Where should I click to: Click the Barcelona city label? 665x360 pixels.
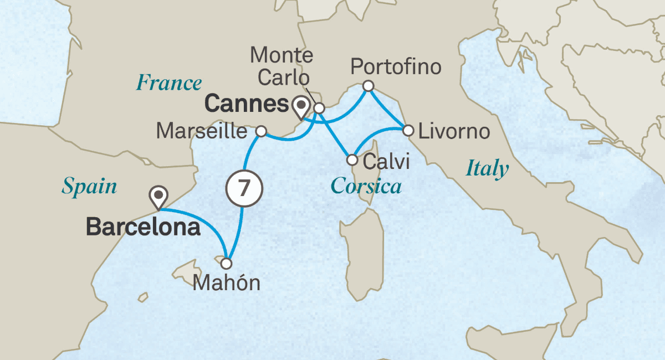[x=143, y=228]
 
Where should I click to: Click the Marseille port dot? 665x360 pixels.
[x=262, y=132]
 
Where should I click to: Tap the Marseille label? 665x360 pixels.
[x=202, y=132]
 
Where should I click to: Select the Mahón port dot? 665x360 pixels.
[x=227, y=264]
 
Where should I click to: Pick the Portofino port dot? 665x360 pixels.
[x=367, y=86]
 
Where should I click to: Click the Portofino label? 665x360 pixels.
[x=397, y=68]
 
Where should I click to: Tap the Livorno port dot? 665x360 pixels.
[x=408, y=131]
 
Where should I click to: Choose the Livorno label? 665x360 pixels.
[x=454, y=132]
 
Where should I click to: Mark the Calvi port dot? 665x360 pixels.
[x=352, y=160]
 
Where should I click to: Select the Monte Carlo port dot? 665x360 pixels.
[x=319, y=108]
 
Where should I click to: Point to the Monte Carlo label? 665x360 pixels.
[x=282, y=65]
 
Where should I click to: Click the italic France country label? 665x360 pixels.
[x=169, y=83]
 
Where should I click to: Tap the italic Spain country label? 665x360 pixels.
[x=89, y=187]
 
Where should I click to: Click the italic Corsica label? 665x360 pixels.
[x=366, y=186]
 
